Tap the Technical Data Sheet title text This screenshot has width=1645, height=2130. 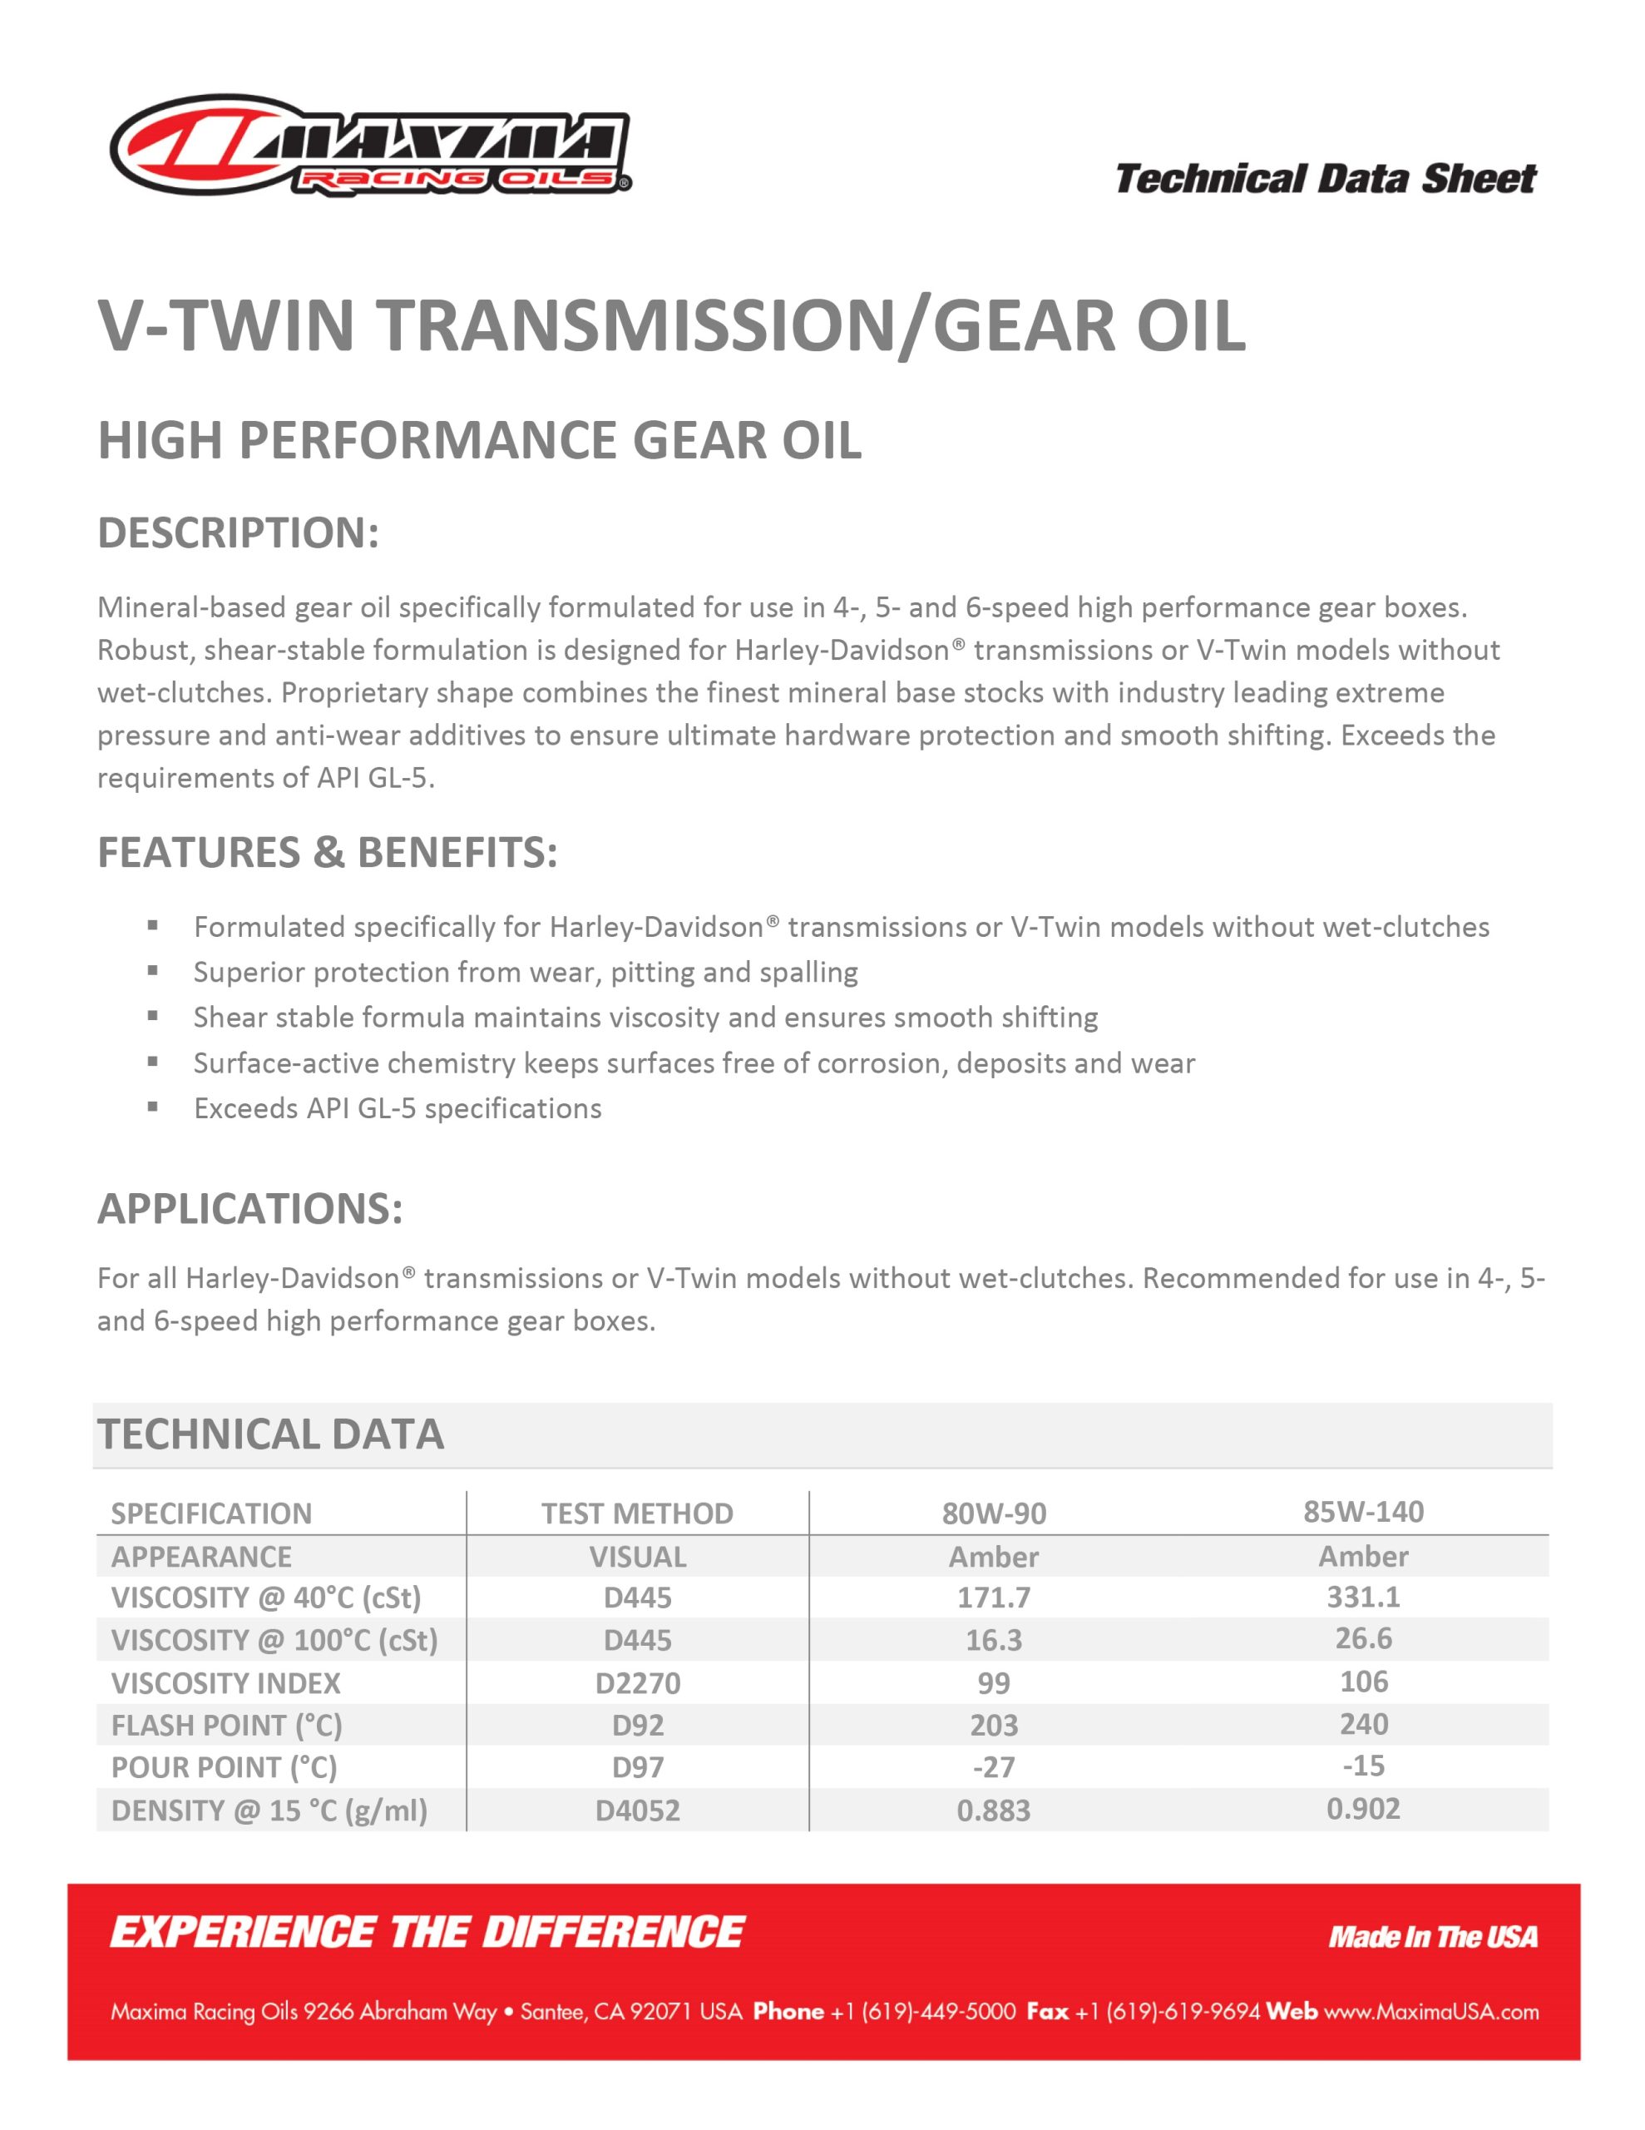[x=1324, y=180]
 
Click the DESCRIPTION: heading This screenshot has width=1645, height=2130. [x=238, y=532]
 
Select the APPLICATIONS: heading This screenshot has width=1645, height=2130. [x=249, y=1208]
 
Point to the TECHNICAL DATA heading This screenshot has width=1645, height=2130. [x=270, y=1434]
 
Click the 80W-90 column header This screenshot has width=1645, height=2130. [x=993, y=1513]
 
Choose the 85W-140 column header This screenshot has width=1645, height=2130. [x=1362, y=1511]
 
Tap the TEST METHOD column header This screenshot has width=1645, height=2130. [x=637, y=1513]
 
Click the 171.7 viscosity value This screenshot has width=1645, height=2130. [x=993, y=1597]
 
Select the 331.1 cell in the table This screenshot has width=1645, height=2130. [x=1362, y=1597]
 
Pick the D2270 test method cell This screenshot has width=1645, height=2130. [x=637, y=1682]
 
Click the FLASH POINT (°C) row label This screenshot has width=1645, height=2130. [x=226, y=1726]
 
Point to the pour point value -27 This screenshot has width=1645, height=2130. [x=993, y=1767]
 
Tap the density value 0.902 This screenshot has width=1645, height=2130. [x=1362, y=1809]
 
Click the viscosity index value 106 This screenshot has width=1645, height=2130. [x=1362, y=1682]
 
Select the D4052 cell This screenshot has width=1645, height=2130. [x=637, y=1810]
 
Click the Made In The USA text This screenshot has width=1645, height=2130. [x=1431, y=1937]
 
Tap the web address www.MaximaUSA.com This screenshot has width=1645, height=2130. [x=1430, y=2012]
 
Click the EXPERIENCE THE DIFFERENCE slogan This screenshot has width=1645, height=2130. [x=427, y=1933]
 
